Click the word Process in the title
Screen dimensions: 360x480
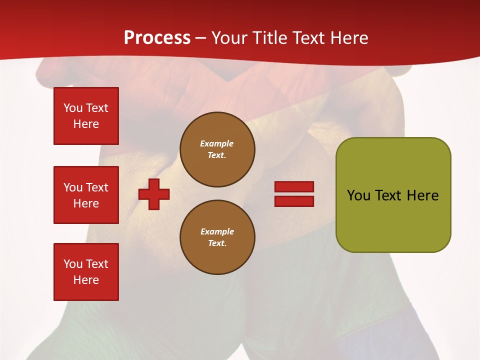[157, 38]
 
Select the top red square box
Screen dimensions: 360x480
[86, 116]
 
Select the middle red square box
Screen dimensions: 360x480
[86, 195]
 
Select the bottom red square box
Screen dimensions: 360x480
[86, 272]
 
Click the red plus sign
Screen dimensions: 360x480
[154, 194]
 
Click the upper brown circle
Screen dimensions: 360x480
[217, 149]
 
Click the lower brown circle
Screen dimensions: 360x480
[217, 237]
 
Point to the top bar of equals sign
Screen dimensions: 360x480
[294, 187]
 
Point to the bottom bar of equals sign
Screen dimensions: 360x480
[294, 201]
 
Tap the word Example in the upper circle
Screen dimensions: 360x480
[216, 144]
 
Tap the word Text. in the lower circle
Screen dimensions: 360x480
[217, 243]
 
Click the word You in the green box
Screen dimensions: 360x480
[359, 195]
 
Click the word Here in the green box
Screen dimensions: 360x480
[422, 195]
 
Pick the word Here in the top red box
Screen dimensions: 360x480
[86, 124]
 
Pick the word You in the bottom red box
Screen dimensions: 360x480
[73, 264]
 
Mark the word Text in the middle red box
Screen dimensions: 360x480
[97, 187]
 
